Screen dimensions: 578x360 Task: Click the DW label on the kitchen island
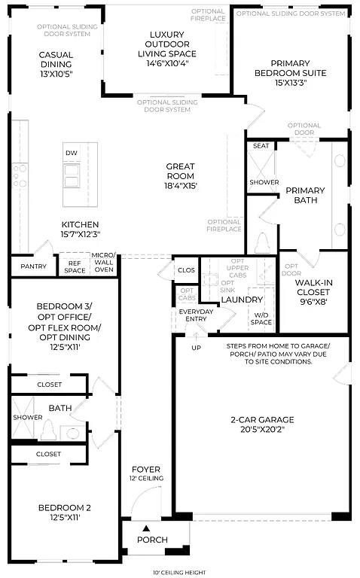coord(72,153)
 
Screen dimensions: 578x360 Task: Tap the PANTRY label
coord(34,266)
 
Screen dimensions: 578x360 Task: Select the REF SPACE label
coord(75,266)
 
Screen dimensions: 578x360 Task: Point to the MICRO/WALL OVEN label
coord(104,263)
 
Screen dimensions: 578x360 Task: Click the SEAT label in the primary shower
coord(261,146)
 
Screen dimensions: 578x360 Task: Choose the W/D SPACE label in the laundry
coord(261,319)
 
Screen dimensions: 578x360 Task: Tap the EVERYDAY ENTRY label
coord(195,315)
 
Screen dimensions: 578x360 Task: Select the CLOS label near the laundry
coord(186,269)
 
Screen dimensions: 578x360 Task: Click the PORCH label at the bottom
coord(152,540)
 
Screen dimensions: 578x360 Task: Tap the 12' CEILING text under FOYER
coord(145,479)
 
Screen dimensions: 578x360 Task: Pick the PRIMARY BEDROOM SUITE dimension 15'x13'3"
coord(291,83)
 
